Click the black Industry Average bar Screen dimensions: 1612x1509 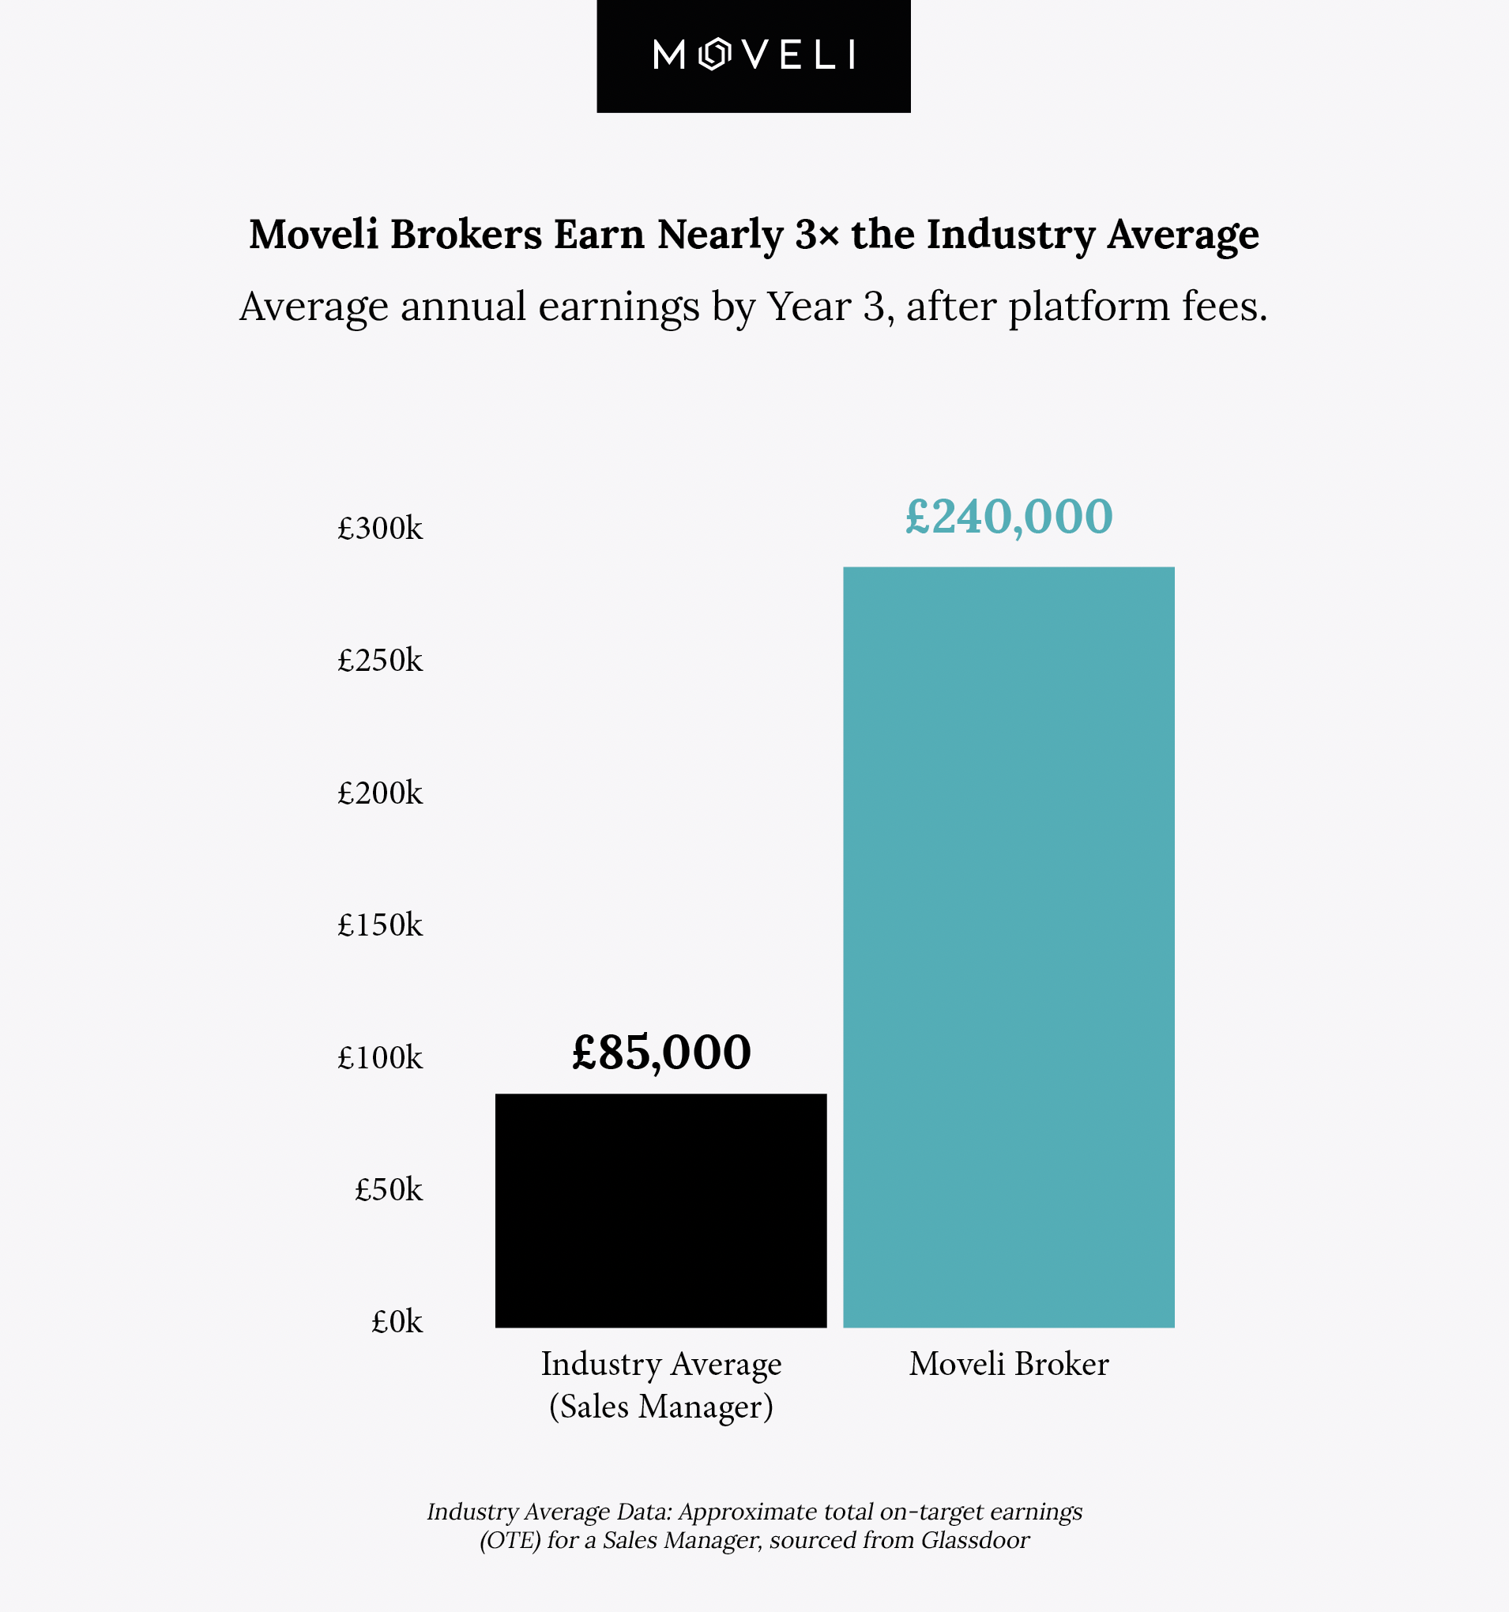[x=660, y=1210]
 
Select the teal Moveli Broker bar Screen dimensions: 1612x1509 [x=1009, y=947]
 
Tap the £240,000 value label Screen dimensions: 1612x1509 [x=1009, y=517]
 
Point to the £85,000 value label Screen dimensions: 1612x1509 [x=660, y=1053]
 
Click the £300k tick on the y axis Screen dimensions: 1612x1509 [x=380, y=529]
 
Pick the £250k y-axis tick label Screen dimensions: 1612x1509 [x=380, y=661]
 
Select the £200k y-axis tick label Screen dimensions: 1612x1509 [x=380, y=793]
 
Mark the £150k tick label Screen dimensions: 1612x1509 [x=380, y=925]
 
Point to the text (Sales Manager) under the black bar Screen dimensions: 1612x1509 [x=660, y=1407]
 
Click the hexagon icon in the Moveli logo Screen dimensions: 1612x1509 [x=714, y=55]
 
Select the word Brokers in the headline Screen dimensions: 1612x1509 [x=466, y=235]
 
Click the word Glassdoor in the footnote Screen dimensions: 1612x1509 [x=975, y=1540]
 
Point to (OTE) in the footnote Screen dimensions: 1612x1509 [x=510, y=1540]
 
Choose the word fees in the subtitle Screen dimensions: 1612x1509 [x=1223, y=307]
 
